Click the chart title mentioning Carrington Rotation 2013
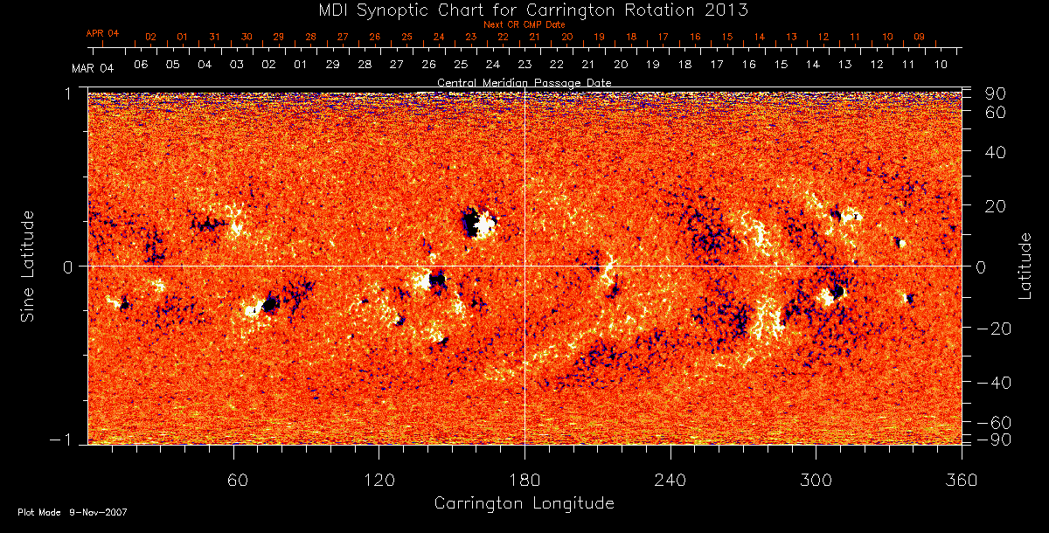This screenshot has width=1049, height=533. [x=524, y=10]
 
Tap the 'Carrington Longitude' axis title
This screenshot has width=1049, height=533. [x=524, y=503]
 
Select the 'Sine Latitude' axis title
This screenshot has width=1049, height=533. [x=28, y=266]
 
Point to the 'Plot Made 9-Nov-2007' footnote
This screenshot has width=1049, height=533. [x=73, y=513]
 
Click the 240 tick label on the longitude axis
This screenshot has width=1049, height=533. [x=670, y=480]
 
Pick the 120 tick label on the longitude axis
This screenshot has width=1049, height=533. [x=379, y=480]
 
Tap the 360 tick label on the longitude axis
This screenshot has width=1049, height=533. [x=962, y=480]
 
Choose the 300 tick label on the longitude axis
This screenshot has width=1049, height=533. [x=816, y=480]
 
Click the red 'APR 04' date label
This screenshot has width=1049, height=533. [x=102, y=33]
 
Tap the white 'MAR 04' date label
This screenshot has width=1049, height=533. [x=93, y=67]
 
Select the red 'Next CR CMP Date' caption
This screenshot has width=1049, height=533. [x=524, y=24]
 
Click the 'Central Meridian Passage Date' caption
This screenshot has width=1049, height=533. [x=524, y=82]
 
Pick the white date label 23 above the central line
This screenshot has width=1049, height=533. [x=524, y=66]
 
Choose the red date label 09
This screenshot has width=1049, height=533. [x=919, y=38]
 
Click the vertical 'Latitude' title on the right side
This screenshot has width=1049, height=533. [x=1025, y=266]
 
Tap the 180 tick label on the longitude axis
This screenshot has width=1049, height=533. [x=524, y=480]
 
